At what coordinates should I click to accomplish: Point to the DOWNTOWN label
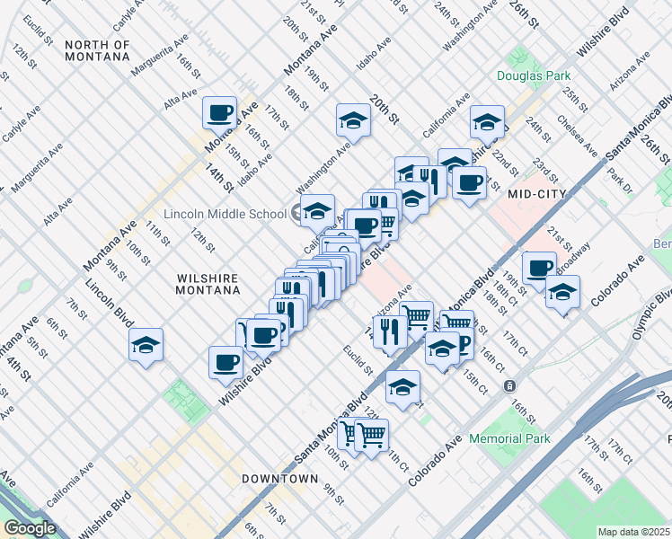pyautogui.click(x=279, y=479)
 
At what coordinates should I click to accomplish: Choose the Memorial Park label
pyautogui.click(x=508, y=438)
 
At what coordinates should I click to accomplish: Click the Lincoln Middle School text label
pyautogui.click(x=225, y=214)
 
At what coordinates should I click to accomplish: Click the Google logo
pyautogui.click(x=30, y=528)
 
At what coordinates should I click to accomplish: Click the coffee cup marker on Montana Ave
pyautogui.click(x=219, y=113)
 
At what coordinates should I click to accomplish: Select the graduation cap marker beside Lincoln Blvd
pyautogui.click(x=146, y=345)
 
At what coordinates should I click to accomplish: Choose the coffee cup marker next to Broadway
pyautogui.click(x=539, y=268)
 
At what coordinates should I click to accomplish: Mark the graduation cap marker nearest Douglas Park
pyautogui.click(x=487, y=121)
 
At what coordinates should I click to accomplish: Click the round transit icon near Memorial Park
pyautogui.click(x=509, y=385)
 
